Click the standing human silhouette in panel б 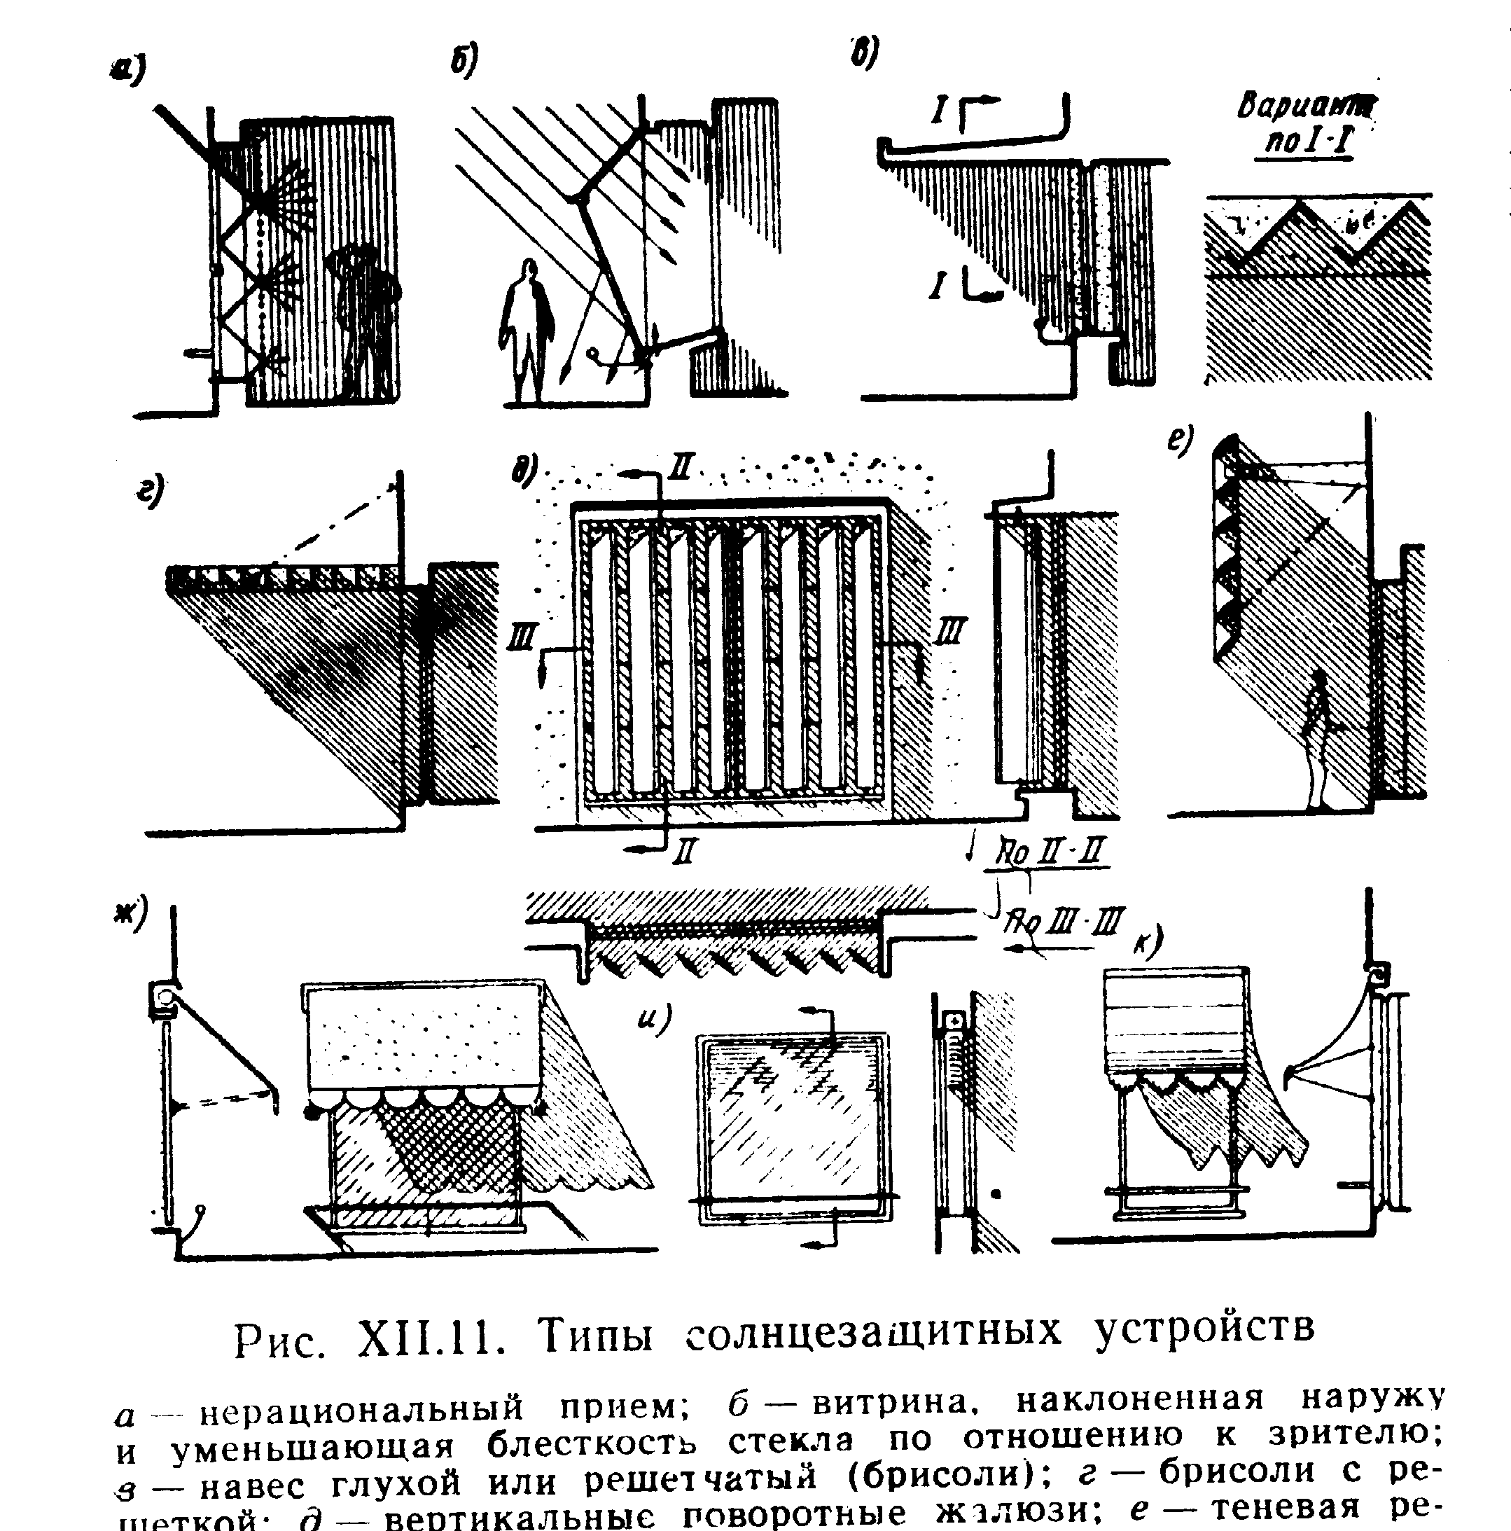(x=525, y=333)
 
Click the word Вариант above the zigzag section (x=1307, y=105)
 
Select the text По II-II (x=1049, y=852)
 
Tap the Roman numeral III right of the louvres (x=950, y=632)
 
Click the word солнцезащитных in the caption (x=872, y=1332)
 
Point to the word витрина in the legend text (x=891, y=1404)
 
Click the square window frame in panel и (x=793, y=1126)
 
